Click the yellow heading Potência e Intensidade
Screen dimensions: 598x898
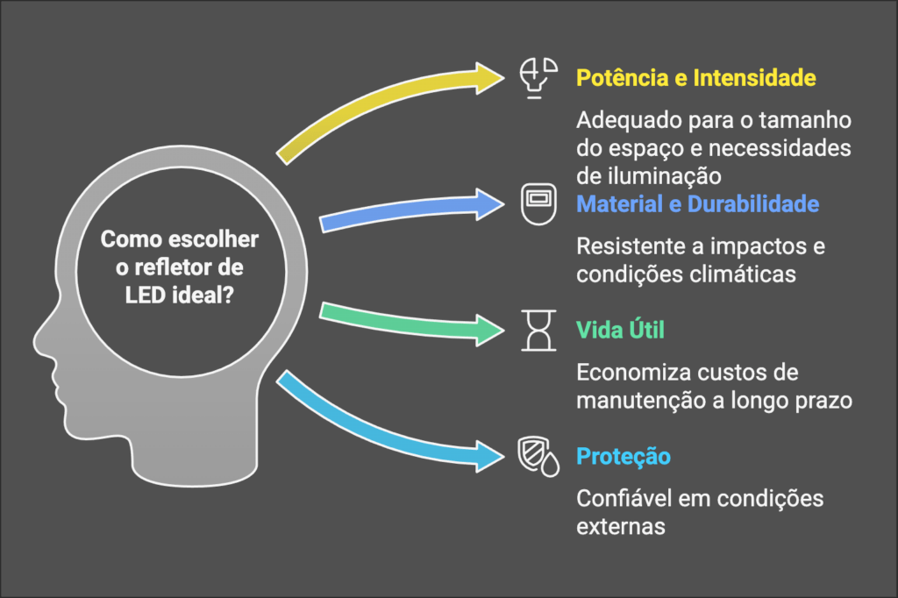[695, 78]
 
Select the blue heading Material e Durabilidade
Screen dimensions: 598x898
[697, 204]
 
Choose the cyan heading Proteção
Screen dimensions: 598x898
[624, 457]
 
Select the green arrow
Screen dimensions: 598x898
[412, 321]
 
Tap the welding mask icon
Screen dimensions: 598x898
[538, 204]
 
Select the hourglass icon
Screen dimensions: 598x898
[538, 331]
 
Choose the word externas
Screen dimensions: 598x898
[620, 526]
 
